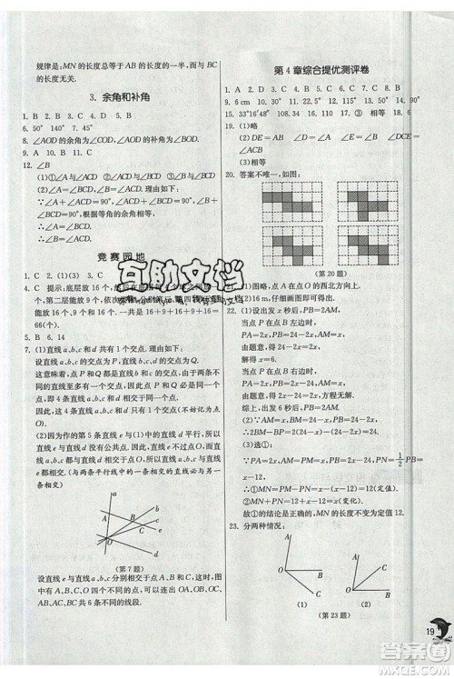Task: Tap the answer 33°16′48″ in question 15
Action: (259, 113)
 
